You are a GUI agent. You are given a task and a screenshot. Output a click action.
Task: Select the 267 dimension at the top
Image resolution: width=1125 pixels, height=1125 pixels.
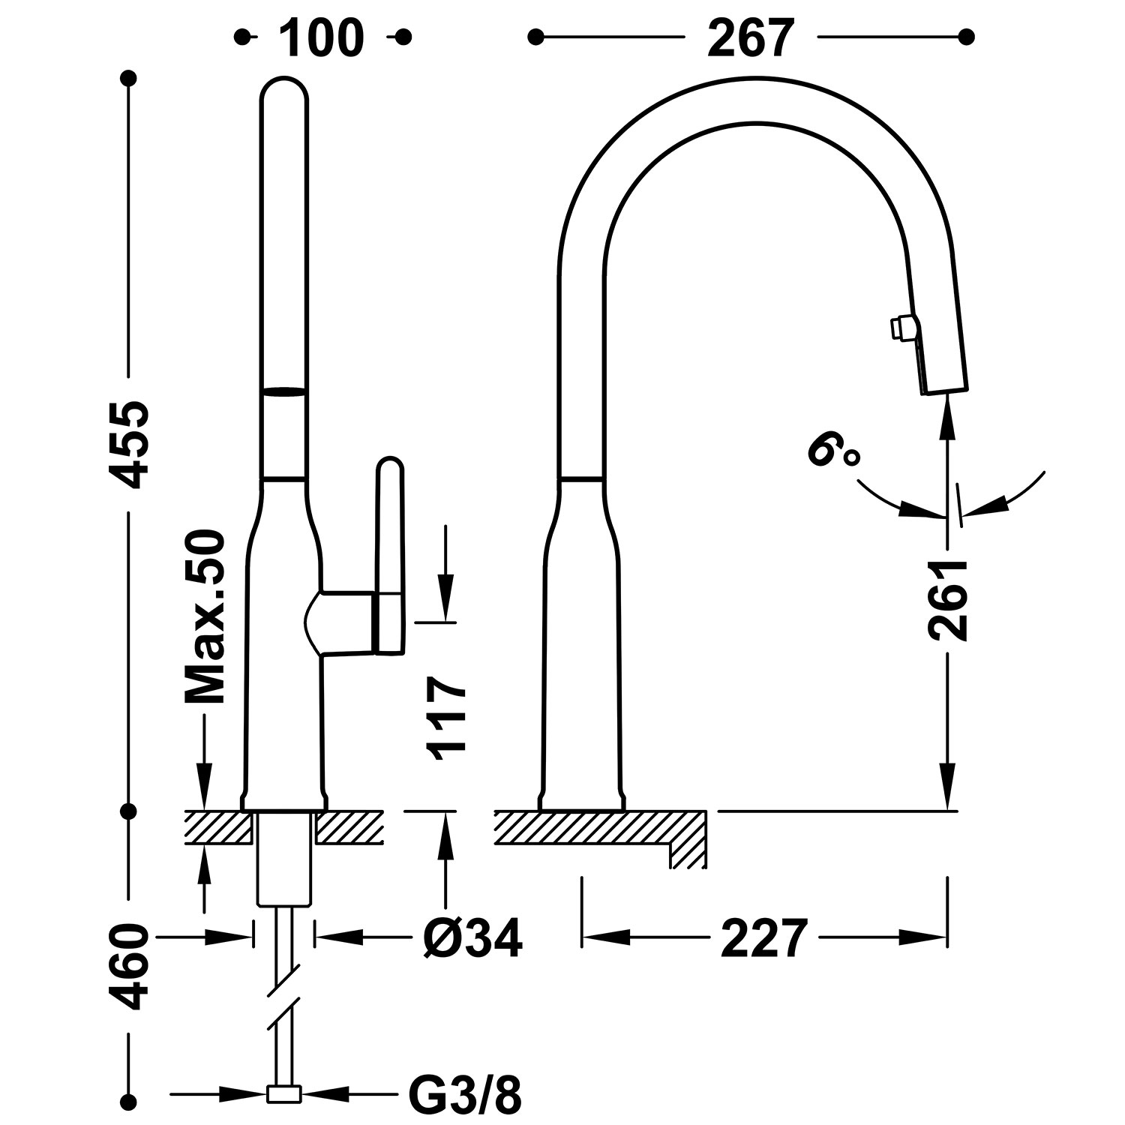click(749, 37)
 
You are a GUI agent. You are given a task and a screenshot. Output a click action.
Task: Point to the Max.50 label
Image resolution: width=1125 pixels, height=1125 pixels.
click(205, 616)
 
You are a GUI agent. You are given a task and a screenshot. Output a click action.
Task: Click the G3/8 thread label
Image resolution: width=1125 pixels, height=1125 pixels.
click(465, 1096)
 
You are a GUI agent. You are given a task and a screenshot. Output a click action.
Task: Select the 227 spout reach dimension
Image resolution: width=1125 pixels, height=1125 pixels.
click(764, 937)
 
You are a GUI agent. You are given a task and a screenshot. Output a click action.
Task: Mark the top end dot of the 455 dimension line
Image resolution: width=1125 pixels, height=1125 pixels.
click(130, 79)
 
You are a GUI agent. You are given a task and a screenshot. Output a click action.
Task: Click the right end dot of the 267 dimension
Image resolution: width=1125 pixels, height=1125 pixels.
click(967, 37)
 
